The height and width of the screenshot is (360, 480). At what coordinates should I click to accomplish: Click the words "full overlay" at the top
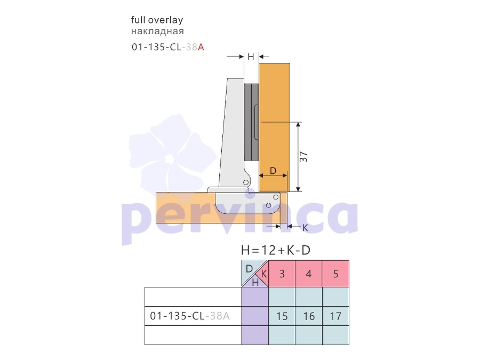(x=157, y=20)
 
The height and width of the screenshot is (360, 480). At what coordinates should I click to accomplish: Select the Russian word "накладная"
(x=157, y=31)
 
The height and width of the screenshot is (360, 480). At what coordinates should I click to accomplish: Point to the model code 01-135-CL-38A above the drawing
(x=168, y=47)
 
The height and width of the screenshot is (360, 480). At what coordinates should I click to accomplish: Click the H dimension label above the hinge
(x=251, y=57)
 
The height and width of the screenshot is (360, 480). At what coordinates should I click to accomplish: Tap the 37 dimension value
(x=303, y=157)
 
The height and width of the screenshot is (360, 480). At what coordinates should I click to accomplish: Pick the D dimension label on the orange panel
(x=273, y=171)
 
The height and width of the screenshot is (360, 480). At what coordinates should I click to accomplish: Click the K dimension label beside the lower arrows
(x=305, y=228)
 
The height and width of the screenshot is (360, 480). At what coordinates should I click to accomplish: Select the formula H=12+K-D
(x=276, y=251)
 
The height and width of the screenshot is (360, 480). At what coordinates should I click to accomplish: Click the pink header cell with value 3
(x=282, y=274)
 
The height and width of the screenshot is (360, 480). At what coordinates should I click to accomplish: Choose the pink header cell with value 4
(x=309, y=274)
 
